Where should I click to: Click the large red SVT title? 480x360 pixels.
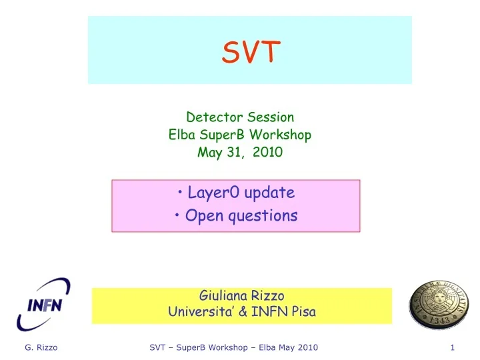pos(251,51)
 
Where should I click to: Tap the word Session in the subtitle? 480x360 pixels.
pos(271,117)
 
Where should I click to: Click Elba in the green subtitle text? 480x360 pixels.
pos(180,135)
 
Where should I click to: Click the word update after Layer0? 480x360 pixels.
pos(269,193)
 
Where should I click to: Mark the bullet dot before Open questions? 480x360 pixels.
pos(180,216)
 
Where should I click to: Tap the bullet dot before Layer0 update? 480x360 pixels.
pos(183,193)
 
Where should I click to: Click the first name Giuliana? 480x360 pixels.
pos(221,295)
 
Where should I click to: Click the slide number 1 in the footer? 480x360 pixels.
pos(452,347)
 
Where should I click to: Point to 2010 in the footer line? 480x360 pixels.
pos(305,347)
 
